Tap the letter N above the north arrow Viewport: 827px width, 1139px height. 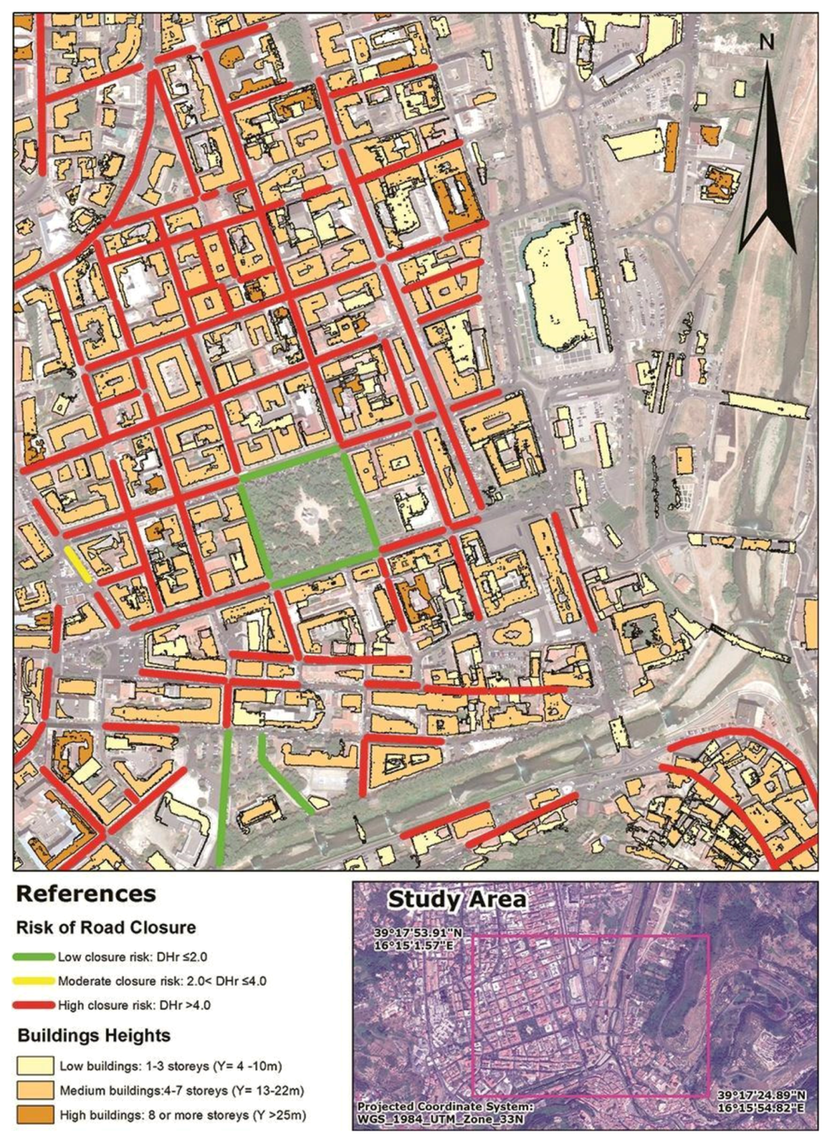click(x=766, y=42)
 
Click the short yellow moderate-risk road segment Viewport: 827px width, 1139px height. click(x=78, y=563)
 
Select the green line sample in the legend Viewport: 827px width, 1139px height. click(x=35, y=957)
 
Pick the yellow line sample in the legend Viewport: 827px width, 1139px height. click(x=35, y=981)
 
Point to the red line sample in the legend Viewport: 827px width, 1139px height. click(x=35, y=1006)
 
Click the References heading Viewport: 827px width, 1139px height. click(x=86, y=894)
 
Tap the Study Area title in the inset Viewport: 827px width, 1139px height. click(x=457, y=898)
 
